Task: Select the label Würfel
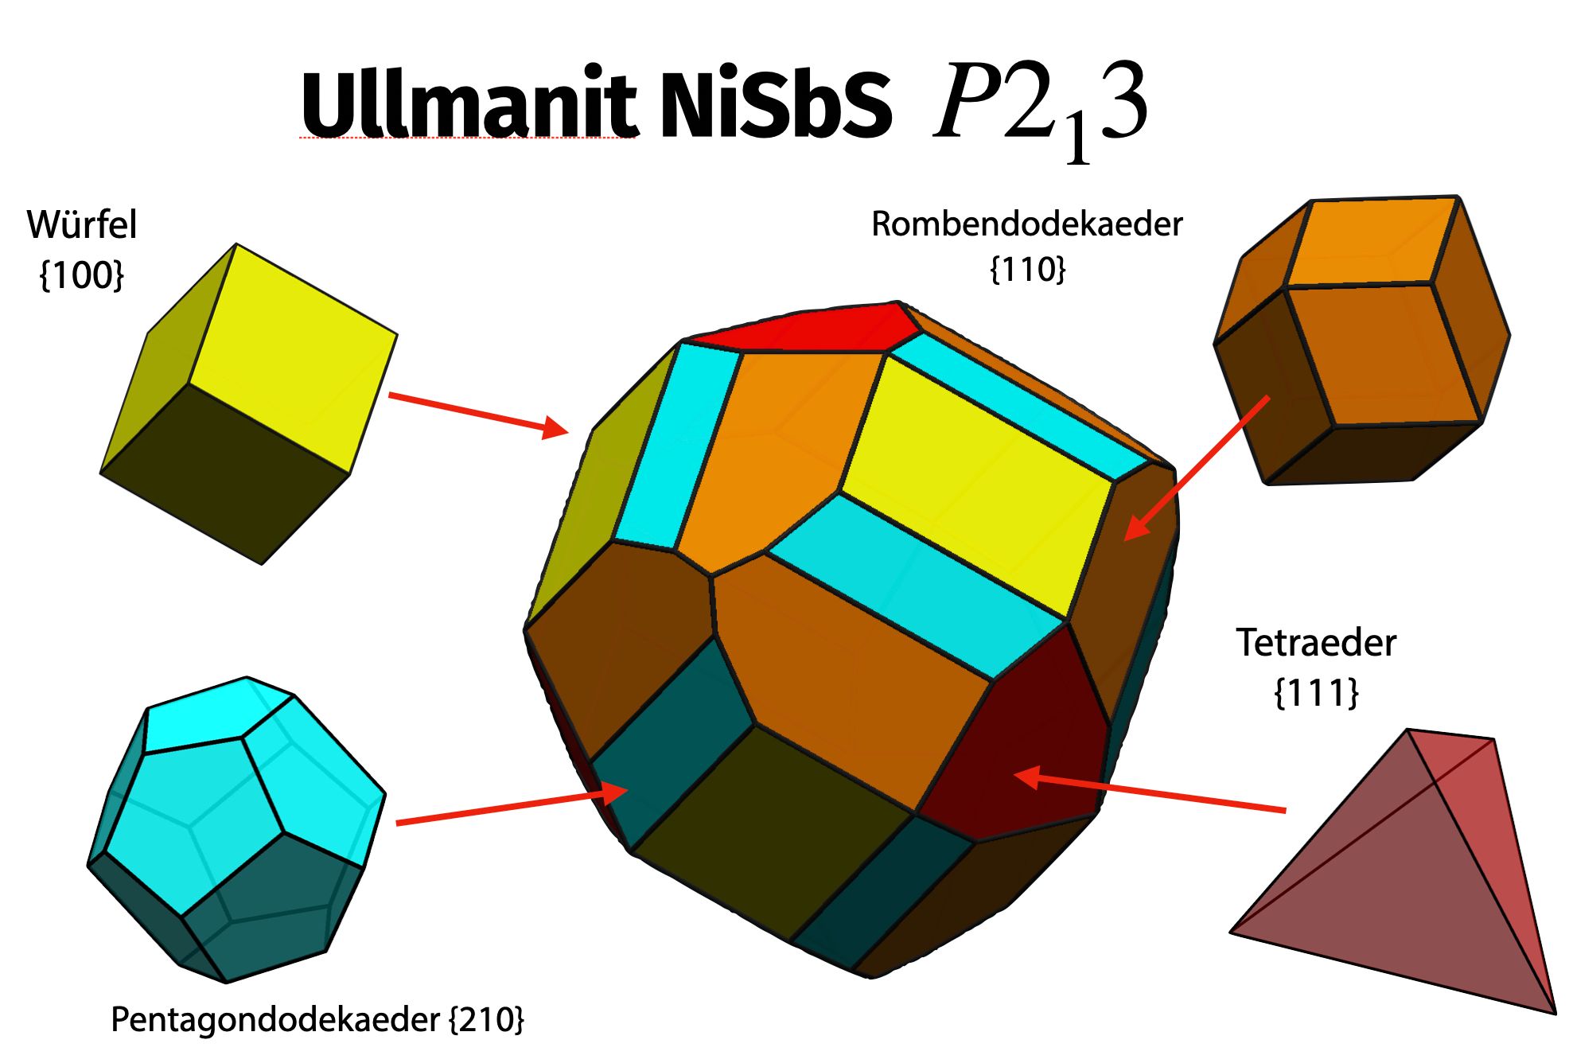click(x=82, y=224)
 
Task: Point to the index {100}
click(x=82, y=275)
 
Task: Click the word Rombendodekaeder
click(x=1026, y=224)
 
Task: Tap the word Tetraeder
click(x=1316, y=643)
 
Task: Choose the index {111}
click(x=1316, y=693)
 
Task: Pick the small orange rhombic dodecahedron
click(x=1361, y=342)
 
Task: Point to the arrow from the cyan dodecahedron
click(x=509, y=807)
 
